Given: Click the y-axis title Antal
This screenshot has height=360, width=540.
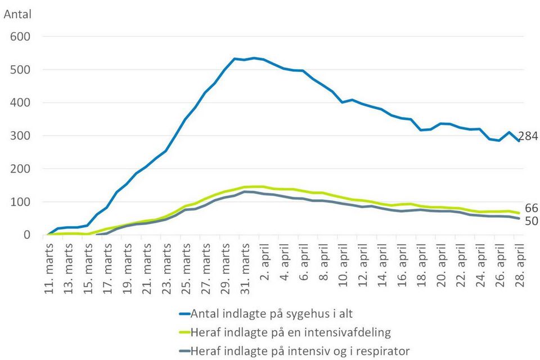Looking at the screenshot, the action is click(x=17, y=14).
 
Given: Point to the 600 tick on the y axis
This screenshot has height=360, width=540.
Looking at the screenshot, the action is click(x=20, y=37).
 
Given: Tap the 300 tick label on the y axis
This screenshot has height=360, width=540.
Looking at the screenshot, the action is click(x=20, y=136).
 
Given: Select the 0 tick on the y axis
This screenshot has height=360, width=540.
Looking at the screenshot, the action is click(x=26, y=235).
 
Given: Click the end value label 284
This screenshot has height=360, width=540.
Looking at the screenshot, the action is click(x=528, y=137).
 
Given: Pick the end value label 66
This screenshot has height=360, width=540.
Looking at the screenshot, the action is click(x=532, y=208).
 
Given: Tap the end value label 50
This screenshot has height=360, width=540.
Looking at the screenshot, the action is click(x=532, y=221).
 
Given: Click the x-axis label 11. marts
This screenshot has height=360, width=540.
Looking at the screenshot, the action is click(x=49, y=269).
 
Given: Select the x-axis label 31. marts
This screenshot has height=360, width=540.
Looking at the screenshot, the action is click(x=245, y=269).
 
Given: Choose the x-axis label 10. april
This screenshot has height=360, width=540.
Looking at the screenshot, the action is click(x=343, y=265).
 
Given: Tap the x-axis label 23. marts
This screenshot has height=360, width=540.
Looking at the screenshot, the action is click(x=166, y=269).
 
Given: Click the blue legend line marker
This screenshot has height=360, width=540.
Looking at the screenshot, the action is click(x=185, y=314).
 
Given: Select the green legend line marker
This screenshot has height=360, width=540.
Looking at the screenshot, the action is click(x=185, y=332).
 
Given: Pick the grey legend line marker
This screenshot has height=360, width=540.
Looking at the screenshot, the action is click(x=185, y=351).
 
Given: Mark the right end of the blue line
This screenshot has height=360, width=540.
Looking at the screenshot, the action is click(x=518, y=141).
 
